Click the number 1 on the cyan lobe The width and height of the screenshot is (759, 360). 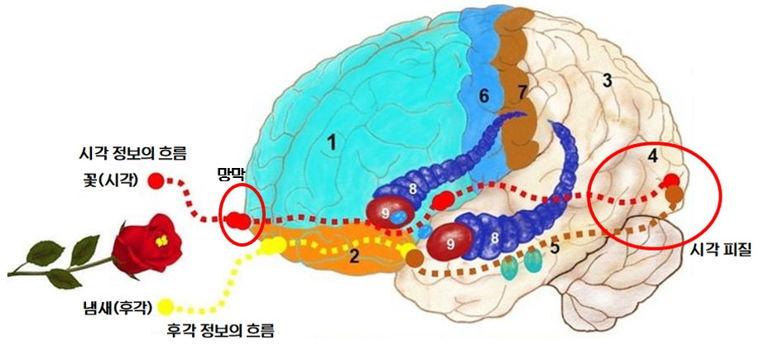pyautogui.click(x=331, y=142)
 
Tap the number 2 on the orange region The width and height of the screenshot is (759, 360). pyautogui.click(x=353, y=256)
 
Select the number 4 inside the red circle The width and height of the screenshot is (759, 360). pyautogui.click(x=653, y=154)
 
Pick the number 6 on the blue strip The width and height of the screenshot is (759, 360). pyautogui.click(x=484, y=95)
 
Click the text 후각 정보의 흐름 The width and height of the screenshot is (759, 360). pyautogui.click(x=220, y=332)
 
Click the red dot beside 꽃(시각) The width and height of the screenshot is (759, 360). pyautogui.click(x=155, y=180)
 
